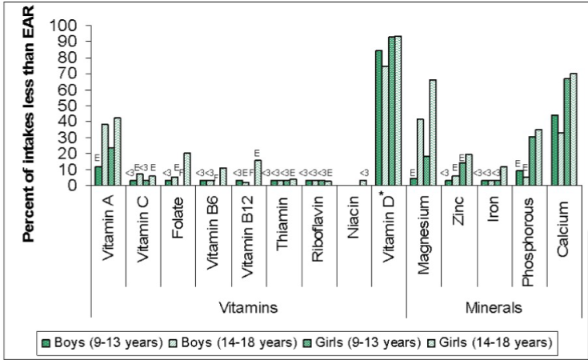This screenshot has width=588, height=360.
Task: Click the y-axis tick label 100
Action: (x=65, y=26)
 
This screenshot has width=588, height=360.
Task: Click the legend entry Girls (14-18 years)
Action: (x=499, y=342)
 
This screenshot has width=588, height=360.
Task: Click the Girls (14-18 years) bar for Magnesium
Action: (x=433, y=133)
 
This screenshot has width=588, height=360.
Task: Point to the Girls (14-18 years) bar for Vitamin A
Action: (x=118, y=151)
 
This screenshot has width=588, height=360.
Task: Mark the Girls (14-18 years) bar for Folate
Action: (x=187, y=169)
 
